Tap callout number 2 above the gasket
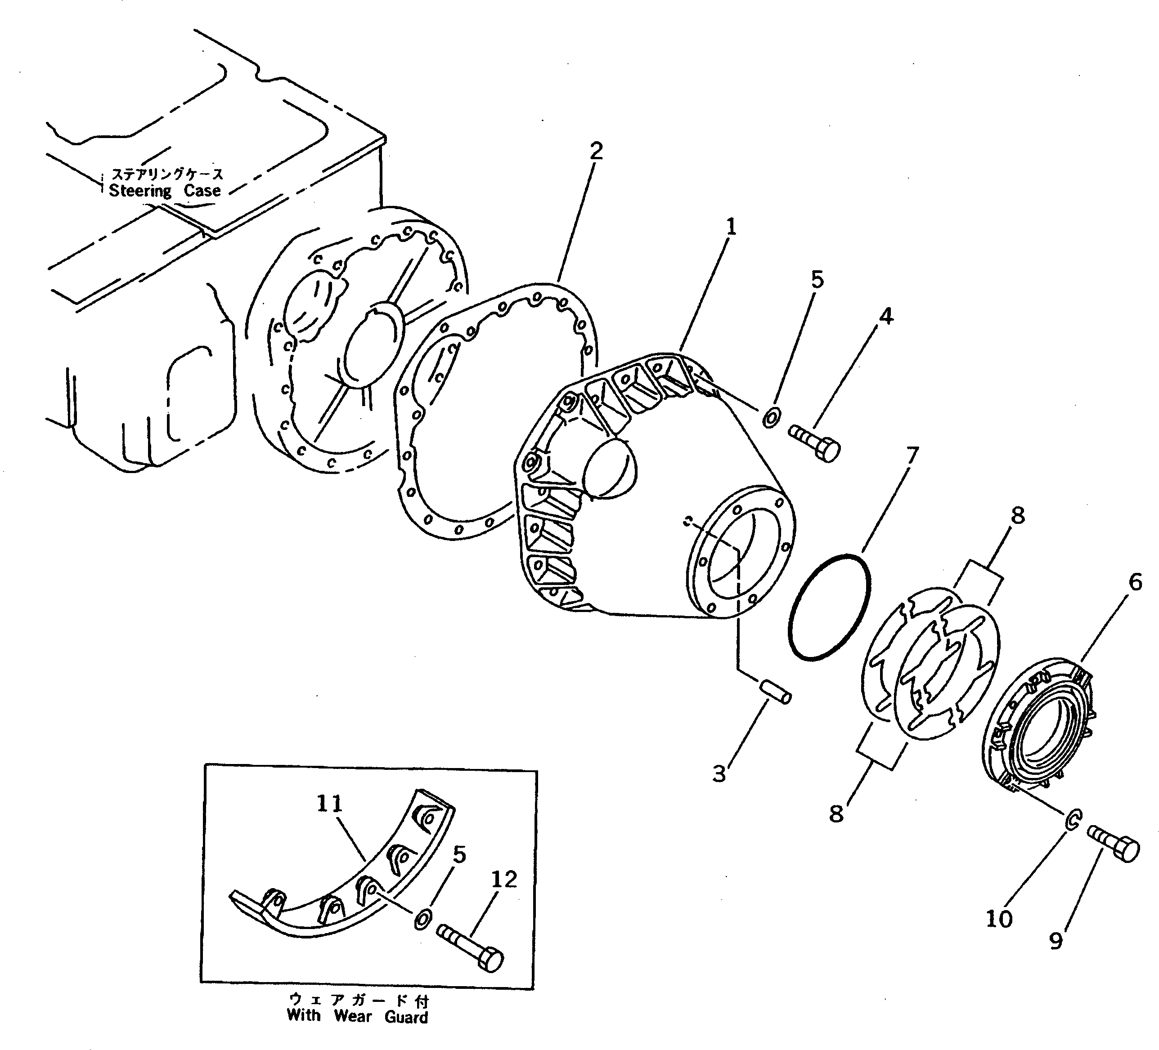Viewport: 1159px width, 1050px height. pos(596,151)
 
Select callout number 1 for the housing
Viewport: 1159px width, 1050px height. pos(731,227)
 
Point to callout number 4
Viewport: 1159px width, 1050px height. pos(886,316)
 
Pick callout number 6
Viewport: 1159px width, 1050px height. pos(1136,583)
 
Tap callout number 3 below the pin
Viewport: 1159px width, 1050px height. pos(719,775)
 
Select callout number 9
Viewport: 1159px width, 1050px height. pos(1056,941)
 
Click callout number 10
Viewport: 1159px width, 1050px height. pos(999,919)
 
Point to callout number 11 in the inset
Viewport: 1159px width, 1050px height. pos(329,804)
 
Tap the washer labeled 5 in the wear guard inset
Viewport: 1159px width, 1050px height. pos(422,920)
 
